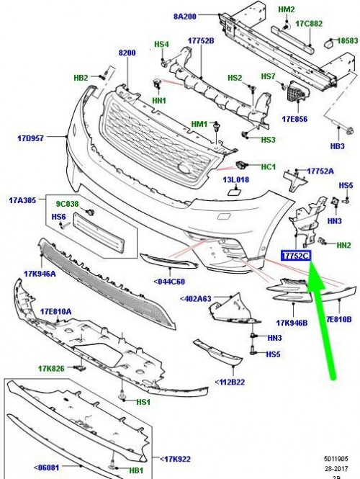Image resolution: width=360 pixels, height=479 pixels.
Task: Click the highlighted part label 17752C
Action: click(x=294, y=256)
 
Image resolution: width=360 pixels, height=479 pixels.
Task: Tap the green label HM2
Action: click(x=287, y=9)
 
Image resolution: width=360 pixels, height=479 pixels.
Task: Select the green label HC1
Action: click(x=269, y=167)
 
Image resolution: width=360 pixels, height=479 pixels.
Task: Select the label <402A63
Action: click(x=196, y=299)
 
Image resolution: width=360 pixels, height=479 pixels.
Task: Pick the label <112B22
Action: click(x=229, y=382)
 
